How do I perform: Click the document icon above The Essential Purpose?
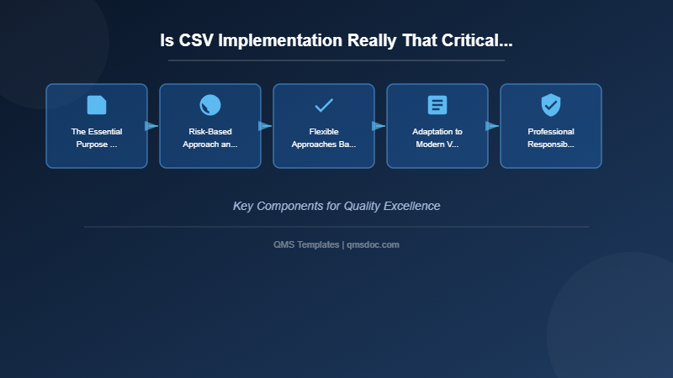[97, 105]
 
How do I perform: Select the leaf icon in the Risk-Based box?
[210, 105]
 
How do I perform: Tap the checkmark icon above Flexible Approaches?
[324, 105]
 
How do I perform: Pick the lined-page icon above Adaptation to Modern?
[437, 105]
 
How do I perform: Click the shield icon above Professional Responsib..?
[551, 105]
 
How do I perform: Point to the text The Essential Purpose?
[97, 138]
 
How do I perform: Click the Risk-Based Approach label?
[210, 138]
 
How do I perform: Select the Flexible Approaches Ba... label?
[324, 138]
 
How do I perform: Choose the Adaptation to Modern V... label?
[437, 138]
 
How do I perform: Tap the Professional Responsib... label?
[551, 138]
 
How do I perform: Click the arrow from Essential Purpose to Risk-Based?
[152, 126]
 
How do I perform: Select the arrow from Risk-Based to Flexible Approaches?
[266, 126]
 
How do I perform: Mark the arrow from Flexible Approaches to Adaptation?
[379, 126]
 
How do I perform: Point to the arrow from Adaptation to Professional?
[493, 126]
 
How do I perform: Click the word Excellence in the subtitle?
[410, 206]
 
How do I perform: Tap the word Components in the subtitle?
[289, 206]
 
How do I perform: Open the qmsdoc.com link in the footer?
[374, 244]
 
